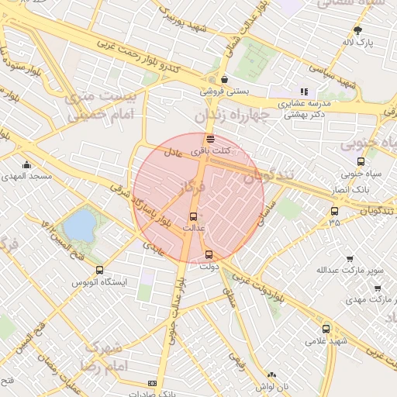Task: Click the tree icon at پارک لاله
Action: [x=357, y=30]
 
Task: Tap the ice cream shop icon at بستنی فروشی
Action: [x=224, y=79]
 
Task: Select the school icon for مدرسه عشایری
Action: [x=304, y=91]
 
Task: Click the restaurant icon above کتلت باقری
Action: [x=211, y=139]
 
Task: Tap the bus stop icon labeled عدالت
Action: [x=193, y=216]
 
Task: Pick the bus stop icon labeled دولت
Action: [x=208, y=254]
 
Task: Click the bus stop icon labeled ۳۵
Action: [x=334, y=211]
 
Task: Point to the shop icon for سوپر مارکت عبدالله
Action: [x=349, y=259]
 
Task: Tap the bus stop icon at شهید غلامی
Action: [x=326, y=329]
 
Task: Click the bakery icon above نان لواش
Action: [x=261, y=374]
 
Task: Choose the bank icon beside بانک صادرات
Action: [x=152, y=384]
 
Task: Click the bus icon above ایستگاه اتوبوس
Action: [x=99, y=270]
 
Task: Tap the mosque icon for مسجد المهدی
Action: [x=27, y=164]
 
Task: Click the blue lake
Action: [x=79, y=226]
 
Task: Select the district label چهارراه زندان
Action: [x=230, y=115]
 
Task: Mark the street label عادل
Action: [x=174, y=154]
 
